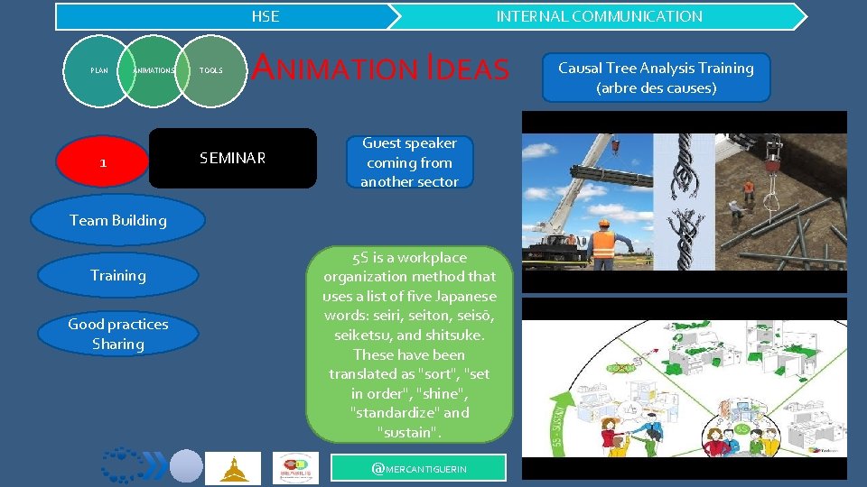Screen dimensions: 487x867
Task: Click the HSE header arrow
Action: (226, 16)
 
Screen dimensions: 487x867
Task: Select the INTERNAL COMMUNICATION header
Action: (599, 16)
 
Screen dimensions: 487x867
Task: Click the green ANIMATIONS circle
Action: (154, 69)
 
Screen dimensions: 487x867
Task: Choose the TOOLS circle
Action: (211, 69)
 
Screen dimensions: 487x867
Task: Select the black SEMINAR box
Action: (233, 159)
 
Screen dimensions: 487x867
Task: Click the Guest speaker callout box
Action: (409, 162)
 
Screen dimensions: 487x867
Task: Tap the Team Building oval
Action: (117, 220)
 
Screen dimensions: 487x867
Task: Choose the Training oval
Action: (117, 276)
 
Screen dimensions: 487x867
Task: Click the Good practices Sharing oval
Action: (117, 334)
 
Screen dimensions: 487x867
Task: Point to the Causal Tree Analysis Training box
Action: (656, 78)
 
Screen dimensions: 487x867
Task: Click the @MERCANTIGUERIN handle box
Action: (419, 468)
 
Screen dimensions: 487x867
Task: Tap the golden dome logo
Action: (232, 468)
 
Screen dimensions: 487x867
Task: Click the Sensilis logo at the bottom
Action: (295, 468)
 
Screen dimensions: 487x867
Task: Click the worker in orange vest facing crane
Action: (602, 243)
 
